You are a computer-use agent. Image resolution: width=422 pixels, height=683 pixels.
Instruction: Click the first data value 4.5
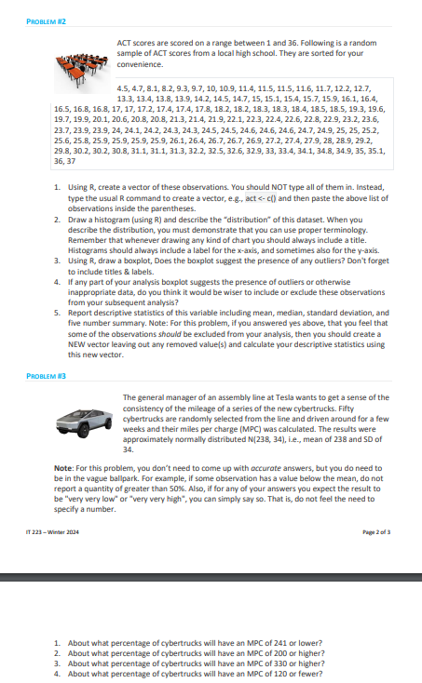point(122,85)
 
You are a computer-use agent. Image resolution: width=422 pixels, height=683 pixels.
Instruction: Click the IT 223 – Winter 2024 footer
point(49,530)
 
